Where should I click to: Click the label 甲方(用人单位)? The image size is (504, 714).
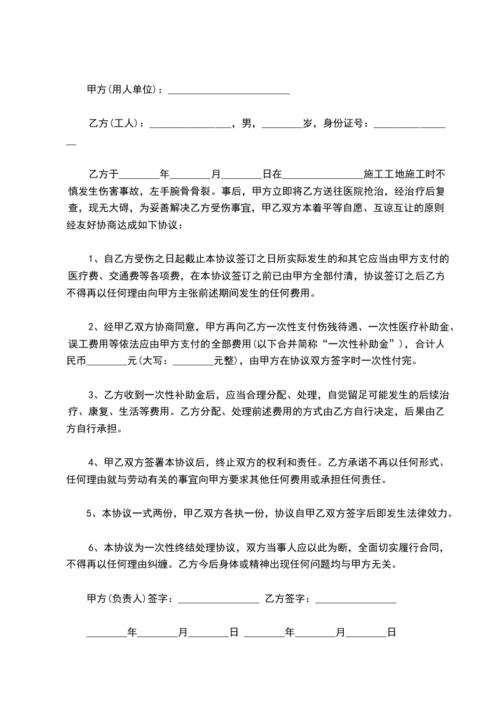(x=121, y=90)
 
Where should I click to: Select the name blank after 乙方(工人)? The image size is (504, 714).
(x=190, y=125)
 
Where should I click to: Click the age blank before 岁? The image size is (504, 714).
(x=282, y=125)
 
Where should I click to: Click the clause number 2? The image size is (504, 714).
(x=92, y=327)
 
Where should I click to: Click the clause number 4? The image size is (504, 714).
(x=92, y=461)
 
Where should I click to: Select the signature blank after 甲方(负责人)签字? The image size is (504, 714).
(x=218, y=599)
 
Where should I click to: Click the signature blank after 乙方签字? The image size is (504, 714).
(x=356, y=599)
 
